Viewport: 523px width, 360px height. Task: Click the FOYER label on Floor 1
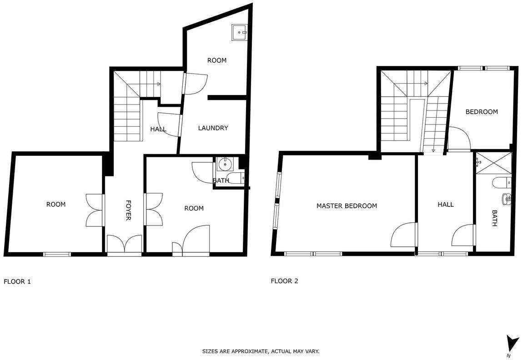pos(128,210)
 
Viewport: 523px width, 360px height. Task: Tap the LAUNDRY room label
pos(213,128)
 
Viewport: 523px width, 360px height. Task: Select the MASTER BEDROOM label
pos(347,206)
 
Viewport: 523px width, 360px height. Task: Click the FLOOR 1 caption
pos(17,282)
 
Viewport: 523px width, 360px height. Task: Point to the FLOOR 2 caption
pos(285,281)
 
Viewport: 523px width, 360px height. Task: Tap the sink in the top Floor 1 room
pos(240,32)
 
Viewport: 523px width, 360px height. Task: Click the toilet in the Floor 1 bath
pos(236,178)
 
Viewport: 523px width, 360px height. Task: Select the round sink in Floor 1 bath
pos(226,164)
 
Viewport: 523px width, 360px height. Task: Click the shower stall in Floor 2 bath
pos(493,163)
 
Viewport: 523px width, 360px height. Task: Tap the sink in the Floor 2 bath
pos(506,199)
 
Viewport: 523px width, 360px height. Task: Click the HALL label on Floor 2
pos(446,205)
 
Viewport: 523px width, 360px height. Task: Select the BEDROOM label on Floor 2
pos(482,112)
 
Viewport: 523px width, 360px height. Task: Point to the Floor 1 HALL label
pos(158,129)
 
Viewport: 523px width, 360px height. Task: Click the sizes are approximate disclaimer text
pos(261,351)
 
